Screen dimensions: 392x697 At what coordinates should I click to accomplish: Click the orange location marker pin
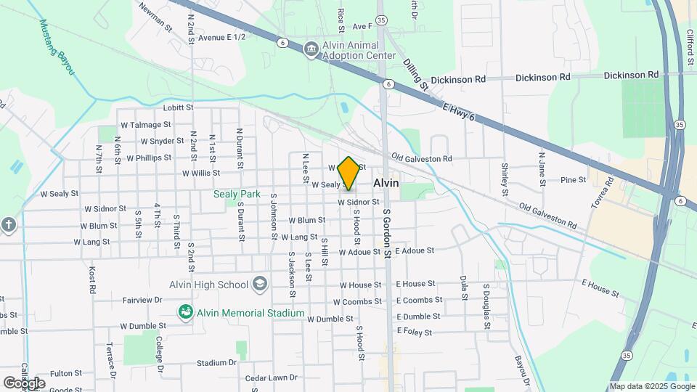(348, 173)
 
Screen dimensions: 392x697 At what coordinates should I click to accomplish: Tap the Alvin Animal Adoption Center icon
(311, 49)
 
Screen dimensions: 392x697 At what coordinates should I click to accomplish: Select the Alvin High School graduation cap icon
(259, 285)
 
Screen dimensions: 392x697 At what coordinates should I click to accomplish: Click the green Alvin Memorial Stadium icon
(186, 312)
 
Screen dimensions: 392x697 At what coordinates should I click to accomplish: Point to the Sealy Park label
(237, 194)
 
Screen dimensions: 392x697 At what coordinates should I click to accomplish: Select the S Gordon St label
(388, 234)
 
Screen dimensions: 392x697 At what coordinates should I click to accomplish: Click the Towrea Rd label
(602, 192)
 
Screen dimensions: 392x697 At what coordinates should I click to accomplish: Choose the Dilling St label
(417, 75)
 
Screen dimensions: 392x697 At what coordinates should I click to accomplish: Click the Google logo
(24, 383)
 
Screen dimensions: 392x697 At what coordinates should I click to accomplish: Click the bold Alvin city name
(386, 184)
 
